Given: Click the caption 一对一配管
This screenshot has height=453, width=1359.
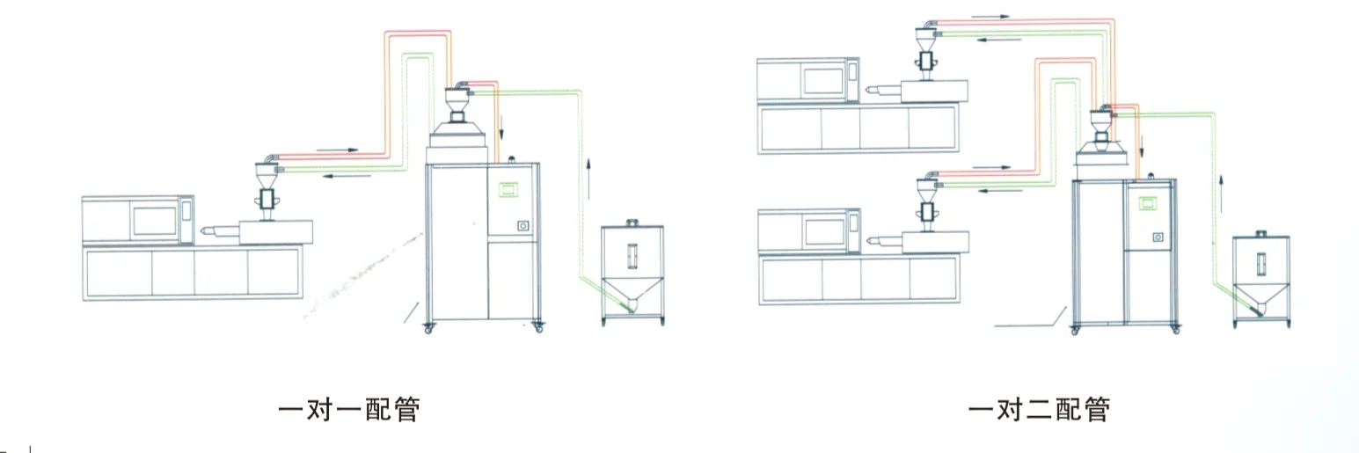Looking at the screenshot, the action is tap(348, 410).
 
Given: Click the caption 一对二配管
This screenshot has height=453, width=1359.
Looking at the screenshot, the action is tap(1039, 410).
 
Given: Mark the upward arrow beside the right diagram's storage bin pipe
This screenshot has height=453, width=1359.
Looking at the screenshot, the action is tap(1221, 187).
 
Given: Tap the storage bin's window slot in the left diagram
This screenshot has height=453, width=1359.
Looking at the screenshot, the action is tap(630, 254).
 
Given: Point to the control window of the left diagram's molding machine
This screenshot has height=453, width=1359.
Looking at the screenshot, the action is tap(154, 216).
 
